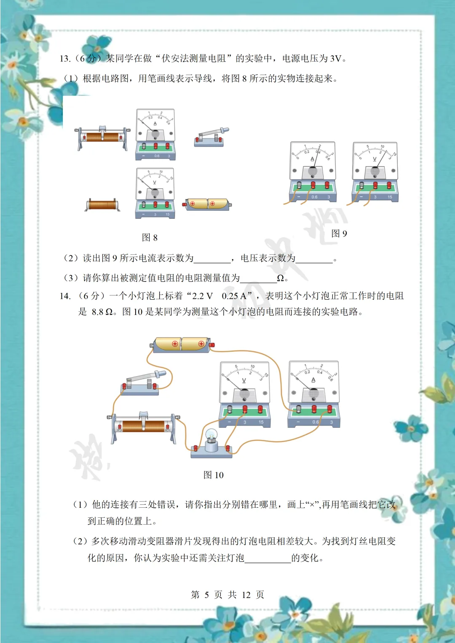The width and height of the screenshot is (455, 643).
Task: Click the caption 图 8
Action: tap(150, 238)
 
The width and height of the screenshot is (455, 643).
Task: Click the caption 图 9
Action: tap(339, 233)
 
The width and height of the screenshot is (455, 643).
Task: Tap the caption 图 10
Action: tap(214, 475)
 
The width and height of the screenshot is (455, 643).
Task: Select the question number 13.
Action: tap(65, 59)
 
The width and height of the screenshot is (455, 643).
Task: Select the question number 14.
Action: tap(65, 296)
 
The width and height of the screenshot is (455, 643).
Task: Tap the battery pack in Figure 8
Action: tap(206, 204)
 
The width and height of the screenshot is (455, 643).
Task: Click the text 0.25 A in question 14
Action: tap(236, 296)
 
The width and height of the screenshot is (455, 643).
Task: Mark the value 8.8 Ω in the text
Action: tap(102, 312)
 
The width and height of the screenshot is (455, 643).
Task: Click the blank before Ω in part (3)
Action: tap(258, 279)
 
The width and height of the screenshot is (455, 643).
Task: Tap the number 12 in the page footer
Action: tap(246, 595)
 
